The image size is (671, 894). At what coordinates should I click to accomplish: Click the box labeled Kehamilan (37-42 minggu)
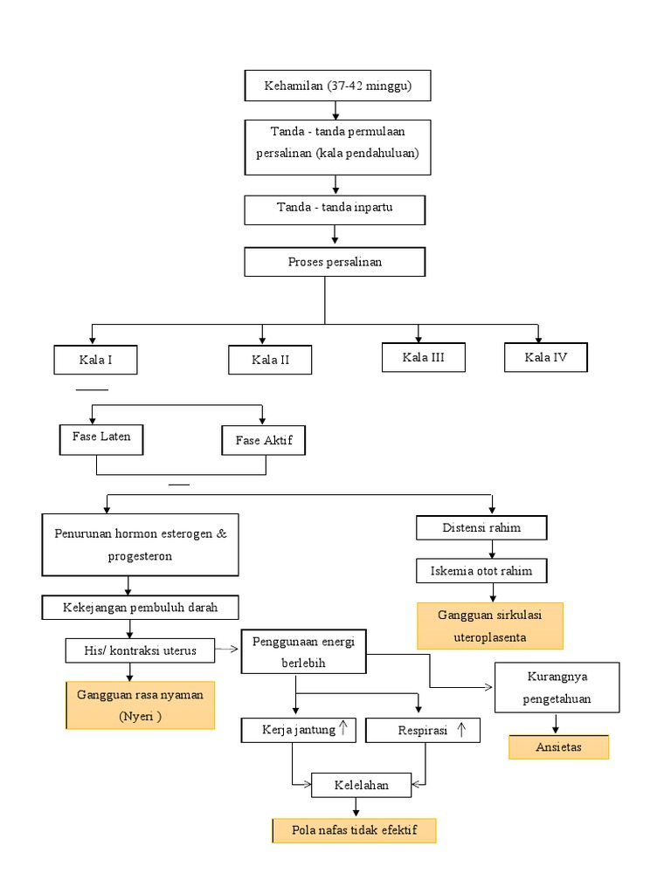point(337,86)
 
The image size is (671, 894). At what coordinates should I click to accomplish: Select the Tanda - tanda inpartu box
point(335,209)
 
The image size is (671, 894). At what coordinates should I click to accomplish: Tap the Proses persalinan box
point(335,262)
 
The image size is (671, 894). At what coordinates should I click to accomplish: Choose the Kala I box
point(95,360)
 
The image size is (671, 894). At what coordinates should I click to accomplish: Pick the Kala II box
point(270,360)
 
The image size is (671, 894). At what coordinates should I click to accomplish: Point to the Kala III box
point(424,357)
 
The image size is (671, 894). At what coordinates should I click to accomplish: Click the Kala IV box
point(546,357)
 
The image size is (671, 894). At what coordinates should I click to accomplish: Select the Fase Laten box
point(102,438)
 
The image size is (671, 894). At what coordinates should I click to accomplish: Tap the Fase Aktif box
point(263,441)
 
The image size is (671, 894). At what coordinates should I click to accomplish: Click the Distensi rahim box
point(481,527)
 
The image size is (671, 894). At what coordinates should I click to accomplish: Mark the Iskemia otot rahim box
point(481,571)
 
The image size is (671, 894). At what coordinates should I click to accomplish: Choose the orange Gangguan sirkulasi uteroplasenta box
point(489,626)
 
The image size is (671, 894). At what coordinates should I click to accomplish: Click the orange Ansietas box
point(559,747)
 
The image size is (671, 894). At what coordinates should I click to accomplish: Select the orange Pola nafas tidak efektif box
point(354,830)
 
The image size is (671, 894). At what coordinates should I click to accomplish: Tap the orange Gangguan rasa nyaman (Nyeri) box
point(141,705)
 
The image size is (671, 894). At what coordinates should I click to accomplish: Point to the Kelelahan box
point(362,785)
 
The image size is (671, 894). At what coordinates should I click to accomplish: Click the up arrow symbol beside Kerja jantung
point(344,728)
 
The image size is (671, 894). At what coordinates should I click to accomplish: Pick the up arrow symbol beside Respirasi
point(460,729)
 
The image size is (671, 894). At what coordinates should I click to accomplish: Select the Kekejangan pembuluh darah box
point(141,607)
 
